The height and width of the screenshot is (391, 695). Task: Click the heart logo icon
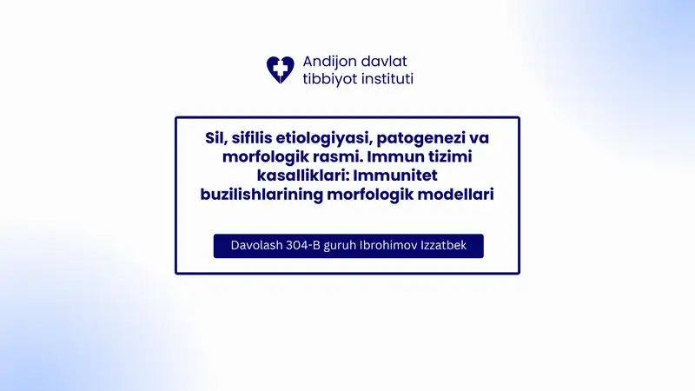coord(281,70)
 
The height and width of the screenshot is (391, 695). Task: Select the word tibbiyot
coord(329,79)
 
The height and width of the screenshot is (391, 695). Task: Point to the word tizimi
coord(467,156)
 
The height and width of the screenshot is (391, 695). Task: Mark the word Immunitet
coord(380,176)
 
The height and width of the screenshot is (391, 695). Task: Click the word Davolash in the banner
coord(256,246)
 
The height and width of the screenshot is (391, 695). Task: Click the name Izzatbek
coord(447,246)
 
